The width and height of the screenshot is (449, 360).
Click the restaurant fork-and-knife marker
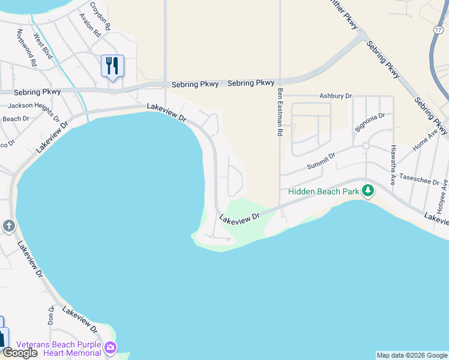[112, 65]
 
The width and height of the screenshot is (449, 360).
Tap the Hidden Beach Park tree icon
[367, 191]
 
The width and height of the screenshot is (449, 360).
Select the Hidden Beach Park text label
[323, 191]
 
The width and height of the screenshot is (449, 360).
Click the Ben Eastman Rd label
[280, 113]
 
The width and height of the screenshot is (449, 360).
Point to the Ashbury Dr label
[335, 96]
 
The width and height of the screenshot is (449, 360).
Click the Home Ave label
[424, 141]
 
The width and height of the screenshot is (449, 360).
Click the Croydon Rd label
[100, 16]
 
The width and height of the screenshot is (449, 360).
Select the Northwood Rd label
[26, 47]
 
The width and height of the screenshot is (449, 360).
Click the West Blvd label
[43, 46]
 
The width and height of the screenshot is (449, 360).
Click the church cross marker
[8, 226]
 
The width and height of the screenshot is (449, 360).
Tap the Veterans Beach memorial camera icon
[110, 347]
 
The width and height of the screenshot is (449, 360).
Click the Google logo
[20, 353]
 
